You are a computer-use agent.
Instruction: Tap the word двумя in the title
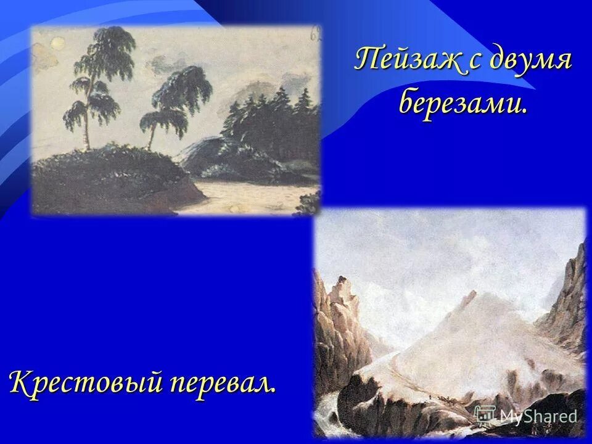click(532, 62)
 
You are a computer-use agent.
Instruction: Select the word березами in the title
click(462, 103)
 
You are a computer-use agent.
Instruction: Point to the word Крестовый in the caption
click(84, 382)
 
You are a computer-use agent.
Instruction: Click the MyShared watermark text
click(538, 416)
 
